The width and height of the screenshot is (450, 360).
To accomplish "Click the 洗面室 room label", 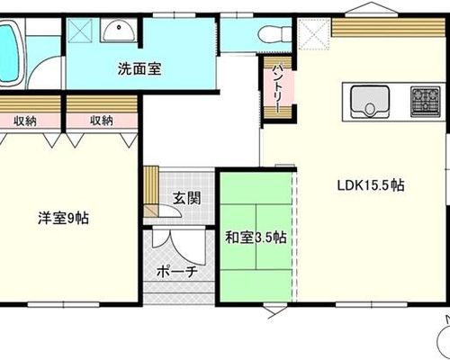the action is click(139, 68).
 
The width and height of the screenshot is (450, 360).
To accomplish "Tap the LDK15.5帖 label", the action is click(371, 185).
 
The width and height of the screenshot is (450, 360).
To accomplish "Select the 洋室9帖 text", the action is click(63, 218).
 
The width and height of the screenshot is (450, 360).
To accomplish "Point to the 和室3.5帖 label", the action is click(256, 238).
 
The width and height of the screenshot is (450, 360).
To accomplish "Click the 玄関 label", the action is click(186, 198).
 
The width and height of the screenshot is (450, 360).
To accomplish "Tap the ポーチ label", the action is click(177, 272).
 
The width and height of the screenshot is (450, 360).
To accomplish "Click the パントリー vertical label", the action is click(276, 88).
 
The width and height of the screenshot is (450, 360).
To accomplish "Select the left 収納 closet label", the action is click(25, 121).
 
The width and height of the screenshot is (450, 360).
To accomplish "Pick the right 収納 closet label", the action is click(102, 121).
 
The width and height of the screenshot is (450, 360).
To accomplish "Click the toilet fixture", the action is click(274, 34).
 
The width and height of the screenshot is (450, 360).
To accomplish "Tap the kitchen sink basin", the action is click(370, 102).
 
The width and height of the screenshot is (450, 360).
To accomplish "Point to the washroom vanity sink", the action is click(119, 30).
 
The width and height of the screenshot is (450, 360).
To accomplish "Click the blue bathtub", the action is click(8, 53).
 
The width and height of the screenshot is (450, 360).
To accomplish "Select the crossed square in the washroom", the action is click(79, 31).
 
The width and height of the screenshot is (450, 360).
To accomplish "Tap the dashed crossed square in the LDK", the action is click(314, 34).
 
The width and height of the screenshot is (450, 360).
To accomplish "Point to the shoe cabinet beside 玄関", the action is click(151, 192).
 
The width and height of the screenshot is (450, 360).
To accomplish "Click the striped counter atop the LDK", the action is click(388, 28).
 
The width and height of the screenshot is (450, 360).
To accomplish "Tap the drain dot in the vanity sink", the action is click(119, 27).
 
